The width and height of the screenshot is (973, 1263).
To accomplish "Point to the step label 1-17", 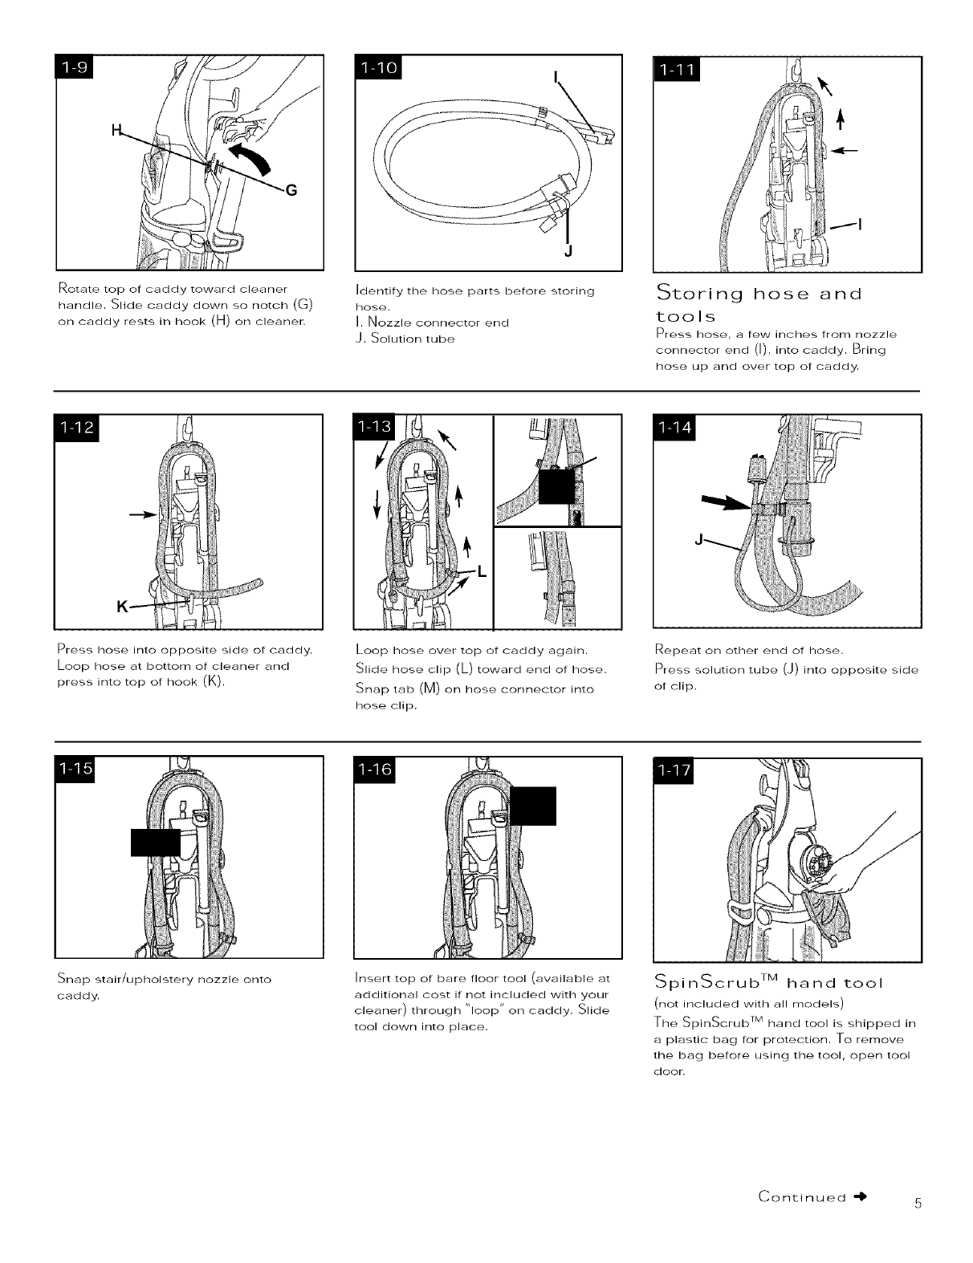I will click(x=677, y=771).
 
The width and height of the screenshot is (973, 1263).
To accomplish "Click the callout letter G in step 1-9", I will click(x=291, y=190).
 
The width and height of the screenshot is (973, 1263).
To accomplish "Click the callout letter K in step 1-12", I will click(x=123, y=607).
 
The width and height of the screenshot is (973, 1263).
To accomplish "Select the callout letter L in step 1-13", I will click(x=482, y=571).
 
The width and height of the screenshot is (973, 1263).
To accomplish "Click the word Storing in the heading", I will click(x=694, y=292).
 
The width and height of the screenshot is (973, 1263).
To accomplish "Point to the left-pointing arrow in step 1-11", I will click(x=849, y=149).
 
